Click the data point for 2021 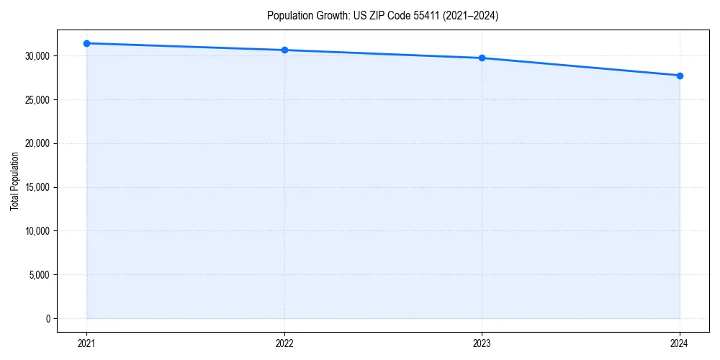click(x=86, y=43)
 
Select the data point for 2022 click(x=284, y=50)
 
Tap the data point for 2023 click(x=482, y=58)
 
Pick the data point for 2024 click(x=680, y=76)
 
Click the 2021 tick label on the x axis click(x=86, y=343)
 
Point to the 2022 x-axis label click(x=284, y=343)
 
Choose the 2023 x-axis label click(x=482, y=343)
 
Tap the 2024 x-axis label click(x=680, y=343)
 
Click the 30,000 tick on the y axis click(x=37, y=56)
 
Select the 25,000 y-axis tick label click(x=37, y=100)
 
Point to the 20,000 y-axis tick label click(x=37, y=143)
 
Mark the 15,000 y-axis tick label click(x=37, y=187)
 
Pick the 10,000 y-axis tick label click(x=37, y=231)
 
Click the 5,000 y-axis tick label click(x=39, y=275)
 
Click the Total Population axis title click(x=14, y=181)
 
